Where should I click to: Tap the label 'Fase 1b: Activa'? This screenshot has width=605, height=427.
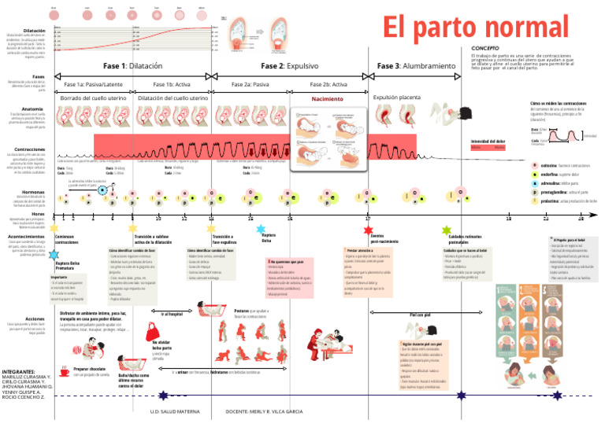[173, 84]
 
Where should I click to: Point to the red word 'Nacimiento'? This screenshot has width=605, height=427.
[327, 100]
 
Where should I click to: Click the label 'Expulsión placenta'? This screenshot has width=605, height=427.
[397, 98]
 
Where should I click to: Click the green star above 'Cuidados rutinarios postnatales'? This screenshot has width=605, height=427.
[447, 230]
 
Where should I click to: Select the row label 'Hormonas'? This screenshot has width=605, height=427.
[34, 191]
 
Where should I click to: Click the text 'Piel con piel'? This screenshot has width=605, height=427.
[420, 315]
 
